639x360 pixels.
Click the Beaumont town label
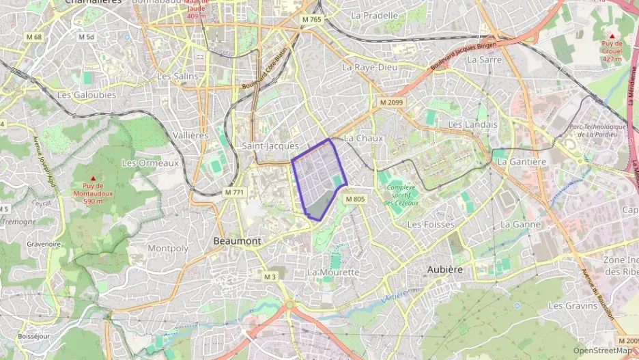[237, 241]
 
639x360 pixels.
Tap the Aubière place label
[445, 269]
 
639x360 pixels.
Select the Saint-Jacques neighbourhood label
[270, 146]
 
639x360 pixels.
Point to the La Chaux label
[363, 138]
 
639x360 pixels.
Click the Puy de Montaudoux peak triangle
[94, 178]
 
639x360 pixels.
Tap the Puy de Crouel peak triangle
[612, 36]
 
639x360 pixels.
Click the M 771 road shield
[234, 193]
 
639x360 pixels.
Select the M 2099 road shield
[392, 102]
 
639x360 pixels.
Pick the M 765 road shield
[311, 20]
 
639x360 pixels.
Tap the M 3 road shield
[270, 276]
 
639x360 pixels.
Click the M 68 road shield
[33, 37]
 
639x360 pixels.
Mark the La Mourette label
[333, 272]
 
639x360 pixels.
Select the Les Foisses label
[430, 224]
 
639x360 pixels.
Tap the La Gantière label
[522, 162]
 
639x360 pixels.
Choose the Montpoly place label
[167, 248]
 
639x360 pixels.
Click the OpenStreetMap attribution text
[603, 350]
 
